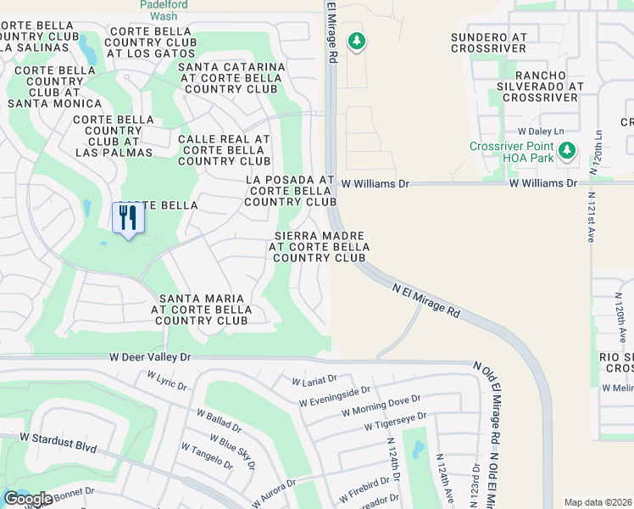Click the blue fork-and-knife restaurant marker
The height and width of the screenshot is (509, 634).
coord(128,218)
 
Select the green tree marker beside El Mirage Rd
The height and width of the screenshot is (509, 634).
coord(357,41)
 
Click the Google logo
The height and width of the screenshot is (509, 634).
coord(28,499)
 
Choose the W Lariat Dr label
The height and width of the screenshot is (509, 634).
coord(314,380)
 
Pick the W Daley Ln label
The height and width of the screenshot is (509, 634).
coord(541,131)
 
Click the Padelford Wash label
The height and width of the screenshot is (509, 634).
coord(164,8)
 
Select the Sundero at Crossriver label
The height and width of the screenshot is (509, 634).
coord(488,44)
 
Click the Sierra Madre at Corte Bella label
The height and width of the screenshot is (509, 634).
coord(319,246)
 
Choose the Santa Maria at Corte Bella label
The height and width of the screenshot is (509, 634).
coord(202,310)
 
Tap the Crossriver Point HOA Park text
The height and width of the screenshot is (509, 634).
coord(511,152)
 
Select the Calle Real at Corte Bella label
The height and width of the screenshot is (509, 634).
coord(224,150)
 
